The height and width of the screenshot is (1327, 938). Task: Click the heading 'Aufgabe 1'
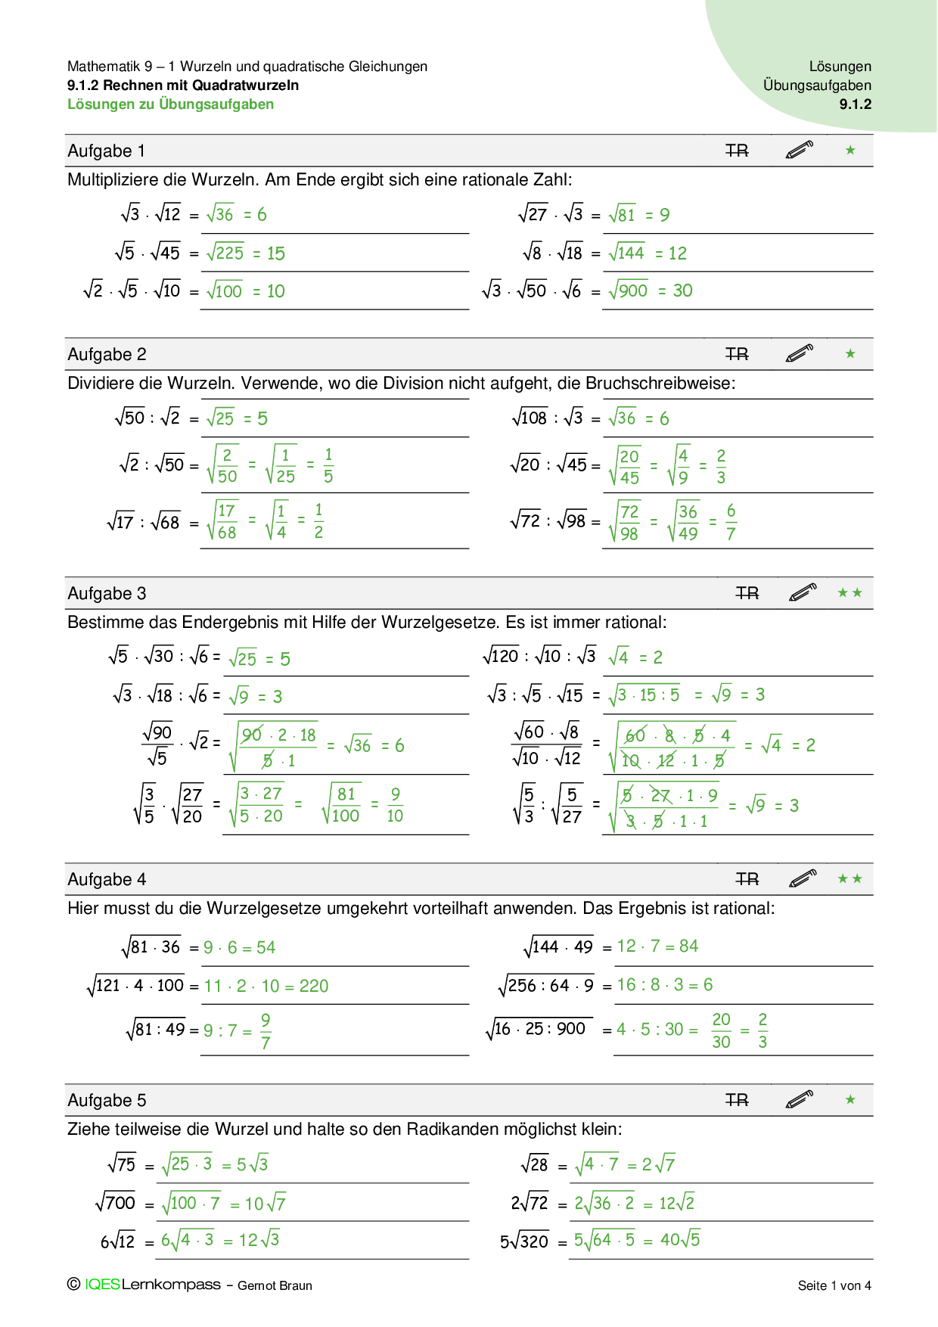pos(106,151)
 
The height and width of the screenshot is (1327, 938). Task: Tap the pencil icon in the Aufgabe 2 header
pos(799,353)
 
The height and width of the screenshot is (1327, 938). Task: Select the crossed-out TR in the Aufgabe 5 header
pos(736,1100)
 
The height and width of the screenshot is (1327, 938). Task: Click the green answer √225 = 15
pos(246,253)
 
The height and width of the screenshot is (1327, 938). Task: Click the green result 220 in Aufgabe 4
pos(314,987)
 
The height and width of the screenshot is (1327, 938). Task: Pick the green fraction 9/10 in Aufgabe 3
pos(395,805)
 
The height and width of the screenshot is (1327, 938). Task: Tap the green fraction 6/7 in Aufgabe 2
pos(731,522)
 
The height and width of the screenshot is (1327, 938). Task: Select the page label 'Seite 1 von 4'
pos(834,1285)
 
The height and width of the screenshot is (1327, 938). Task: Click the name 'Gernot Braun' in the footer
pos(275,1285)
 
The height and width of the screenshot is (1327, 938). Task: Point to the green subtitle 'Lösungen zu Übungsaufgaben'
pos(170,104)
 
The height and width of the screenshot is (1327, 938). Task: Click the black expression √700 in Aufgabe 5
pos(116,1202)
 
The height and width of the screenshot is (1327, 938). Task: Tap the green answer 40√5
pos(680,1240)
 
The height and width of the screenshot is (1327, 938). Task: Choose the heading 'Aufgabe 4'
pos(107,880)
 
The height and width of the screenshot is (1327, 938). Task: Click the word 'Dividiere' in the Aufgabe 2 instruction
pos(101,384)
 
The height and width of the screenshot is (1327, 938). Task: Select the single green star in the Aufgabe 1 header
pos(850,151)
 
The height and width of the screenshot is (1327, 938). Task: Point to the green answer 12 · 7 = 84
pos(657,946)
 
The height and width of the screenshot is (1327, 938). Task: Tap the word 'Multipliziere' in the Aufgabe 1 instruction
pos(113,180)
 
